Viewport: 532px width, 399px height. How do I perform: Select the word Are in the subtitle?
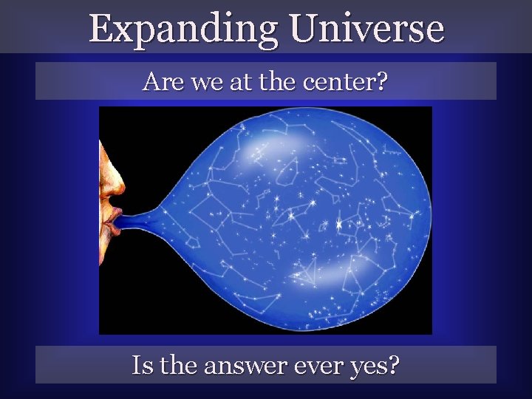pos(158,81)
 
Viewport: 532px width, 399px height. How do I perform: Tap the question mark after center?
pos(380,81)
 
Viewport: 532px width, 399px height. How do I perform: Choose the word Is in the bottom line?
pos(140,365)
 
